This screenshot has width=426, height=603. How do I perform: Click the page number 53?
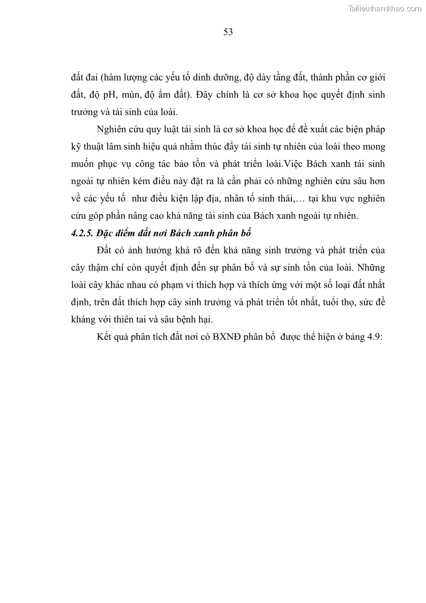(x=227, y=32)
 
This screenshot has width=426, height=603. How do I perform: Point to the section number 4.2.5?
(x=84, y=234)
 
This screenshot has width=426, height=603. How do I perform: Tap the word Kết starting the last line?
(x=105, y=337)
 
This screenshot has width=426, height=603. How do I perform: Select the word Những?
(x=371, y=268)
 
